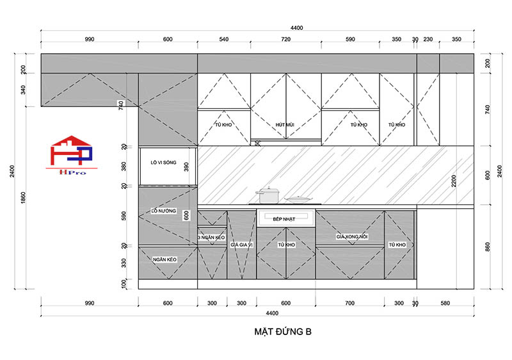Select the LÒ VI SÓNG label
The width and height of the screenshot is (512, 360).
(x=163, y=163)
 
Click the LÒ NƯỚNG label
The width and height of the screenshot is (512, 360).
(x=163, y=211)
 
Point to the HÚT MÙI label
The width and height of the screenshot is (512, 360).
(x=285, y=125)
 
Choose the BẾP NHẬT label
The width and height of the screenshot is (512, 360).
(x=285, y=219)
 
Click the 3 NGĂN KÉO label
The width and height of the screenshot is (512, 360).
(x=212, y=237)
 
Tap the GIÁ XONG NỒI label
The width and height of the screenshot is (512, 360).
(x=350, y=237)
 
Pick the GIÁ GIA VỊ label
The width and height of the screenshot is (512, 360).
(x=242, y=245)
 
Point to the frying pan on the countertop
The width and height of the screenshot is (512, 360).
(x=298, y=199)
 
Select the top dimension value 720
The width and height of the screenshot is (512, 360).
(x=285, y=40)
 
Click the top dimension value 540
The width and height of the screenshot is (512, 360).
(x=224, y=40)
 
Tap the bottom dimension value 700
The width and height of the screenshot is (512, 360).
(x=349, y=303)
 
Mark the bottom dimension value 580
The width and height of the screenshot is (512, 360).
(x=445, y=303)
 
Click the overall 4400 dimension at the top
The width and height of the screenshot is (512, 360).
(x=296, y=28)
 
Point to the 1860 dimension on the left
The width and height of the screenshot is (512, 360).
(x=24, y=199)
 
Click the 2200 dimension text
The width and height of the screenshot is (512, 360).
(x=454, y=181)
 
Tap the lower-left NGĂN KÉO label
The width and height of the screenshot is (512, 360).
(x=164, y=259)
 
